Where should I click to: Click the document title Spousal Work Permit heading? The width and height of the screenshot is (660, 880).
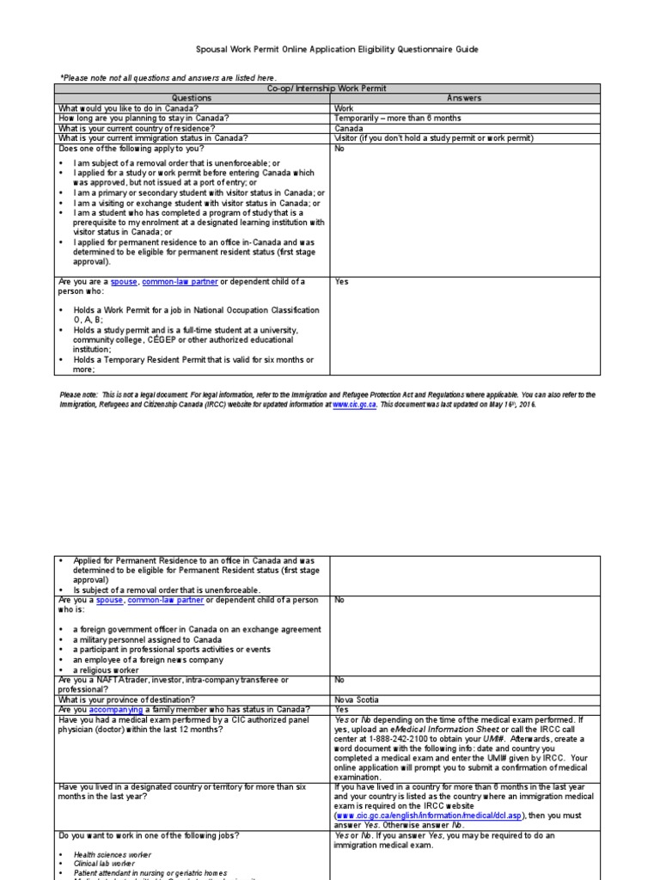coord(330,50)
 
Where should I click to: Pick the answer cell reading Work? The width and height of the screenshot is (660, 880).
coord(344,108)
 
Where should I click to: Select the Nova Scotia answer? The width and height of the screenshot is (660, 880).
coord(356,700)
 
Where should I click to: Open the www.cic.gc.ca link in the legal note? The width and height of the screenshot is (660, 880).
coord(354,404)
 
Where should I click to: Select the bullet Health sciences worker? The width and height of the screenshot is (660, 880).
coord(112,854)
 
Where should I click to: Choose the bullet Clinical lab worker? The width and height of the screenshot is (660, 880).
coord(105,864)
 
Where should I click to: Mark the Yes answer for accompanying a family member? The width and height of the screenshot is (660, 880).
coord(342,710)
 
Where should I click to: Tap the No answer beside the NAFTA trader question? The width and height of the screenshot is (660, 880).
coord(340,680)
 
